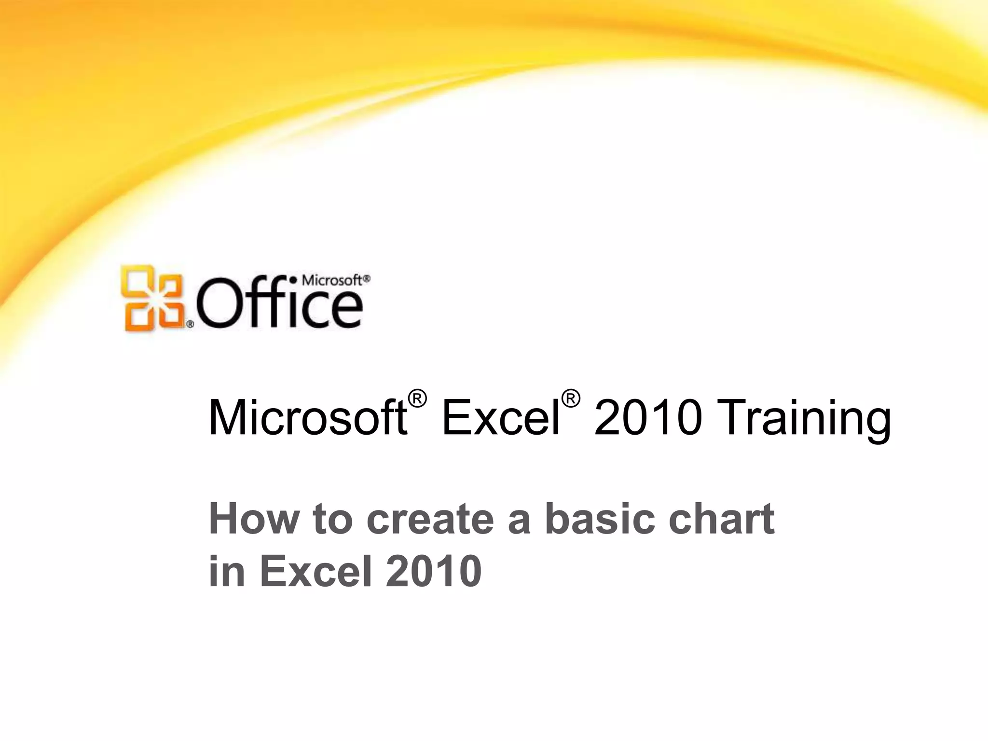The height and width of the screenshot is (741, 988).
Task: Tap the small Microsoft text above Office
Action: point(331,280)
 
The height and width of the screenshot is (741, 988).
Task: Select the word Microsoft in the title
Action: point(307,418)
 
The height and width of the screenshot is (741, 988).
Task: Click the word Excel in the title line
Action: point(500,418)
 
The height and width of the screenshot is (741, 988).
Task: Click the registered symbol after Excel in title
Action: point(570,399)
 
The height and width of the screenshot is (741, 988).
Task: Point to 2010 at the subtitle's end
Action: point(433,571)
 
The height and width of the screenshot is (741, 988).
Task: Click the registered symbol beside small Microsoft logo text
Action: point(367,278)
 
